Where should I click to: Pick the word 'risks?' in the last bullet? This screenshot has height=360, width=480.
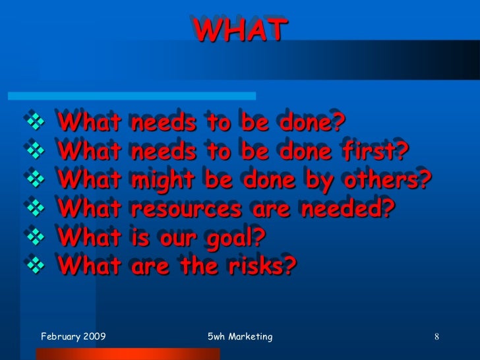pyautogui.click(x=260, y=266)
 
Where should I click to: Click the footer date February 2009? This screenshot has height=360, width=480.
pyautogui.click(x=73, y=337)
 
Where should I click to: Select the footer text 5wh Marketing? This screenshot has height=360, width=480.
pyautogui.click(x=239, y=337)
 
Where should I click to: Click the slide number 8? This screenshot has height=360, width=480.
pyautogui.click(x=436, y=338)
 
